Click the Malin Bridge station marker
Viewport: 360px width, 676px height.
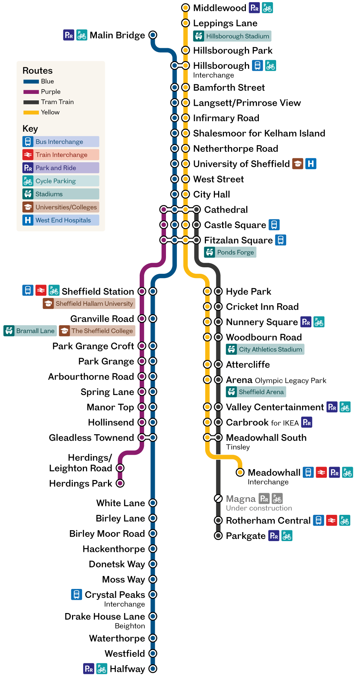(x=153, y=35)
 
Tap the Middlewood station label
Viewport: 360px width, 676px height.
(x=220, y=8)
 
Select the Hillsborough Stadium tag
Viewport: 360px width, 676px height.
(x=232, y=36)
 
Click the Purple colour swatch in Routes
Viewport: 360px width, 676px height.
(x=31, y=92)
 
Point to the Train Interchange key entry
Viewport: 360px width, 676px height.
(x=61, y=155)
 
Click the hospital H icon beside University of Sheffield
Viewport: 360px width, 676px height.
(x=311, y=164)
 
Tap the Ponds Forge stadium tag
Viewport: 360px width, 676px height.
(x=230, y=252)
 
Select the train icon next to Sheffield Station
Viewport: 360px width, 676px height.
(x=41, y=290)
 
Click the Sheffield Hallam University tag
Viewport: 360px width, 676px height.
(x=89, y=304)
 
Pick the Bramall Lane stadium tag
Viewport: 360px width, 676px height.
(x=30, y=331)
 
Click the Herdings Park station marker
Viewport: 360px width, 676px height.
(x=120, y=483)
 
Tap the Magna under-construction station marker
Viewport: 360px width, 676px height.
(x=218, y=498)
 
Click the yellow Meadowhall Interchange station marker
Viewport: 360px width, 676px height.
(x=240, y=472)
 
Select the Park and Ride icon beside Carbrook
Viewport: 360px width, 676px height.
(x=307, y=422)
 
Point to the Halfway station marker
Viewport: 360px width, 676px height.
(x=153, y=668)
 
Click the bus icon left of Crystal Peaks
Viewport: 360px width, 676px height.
(x=76, y=594)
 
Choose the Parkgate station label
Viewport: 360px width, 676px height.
(x=246, y=536)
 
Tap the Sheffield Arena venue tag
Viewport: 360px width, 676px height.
(x=256, y=392)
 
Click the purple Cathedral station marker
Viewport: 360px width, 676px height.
(x=164, y=209)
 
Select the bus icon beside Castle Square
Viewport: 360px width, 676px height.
(x=274, y=225)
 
